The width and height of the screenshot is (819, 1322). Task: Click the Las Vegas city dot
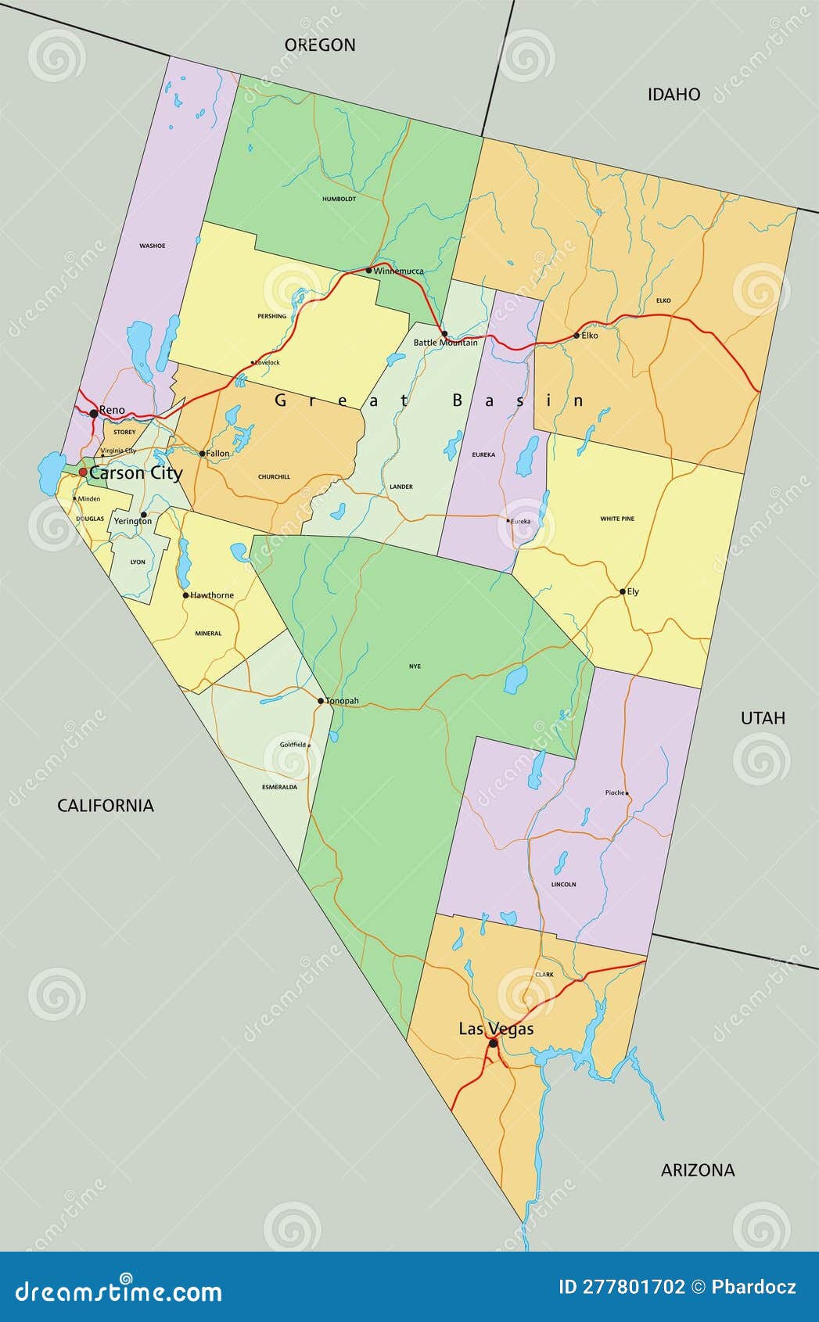tap(493, 1043)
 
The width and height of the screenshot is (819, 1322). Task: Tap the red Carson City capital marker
tap(83, 472)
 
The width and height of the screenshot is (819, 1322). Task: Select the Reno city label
tap(112, 410)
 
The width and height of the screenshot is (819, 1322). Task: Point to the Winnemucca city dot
tap(369, 271)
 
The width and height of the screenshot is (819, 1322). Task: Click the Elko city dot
tap(577, 336)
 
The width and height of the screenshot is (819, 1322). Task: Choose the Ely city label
tap(633, 591)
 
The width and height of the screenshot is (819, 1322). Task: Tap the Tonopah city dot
tap(321, 701)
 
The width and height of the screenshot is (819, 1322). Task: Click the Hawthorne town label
tap(212, 595)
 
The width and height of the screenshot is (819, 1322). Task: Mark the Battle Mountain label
tap(445, 343)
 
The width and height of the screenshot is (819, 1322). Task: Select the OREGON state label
tap(320, 45)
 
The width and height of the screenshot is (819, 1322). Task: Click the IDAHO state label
tap(674, 95)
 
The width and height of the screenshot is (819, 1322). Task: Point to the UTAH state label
tap(763, 718)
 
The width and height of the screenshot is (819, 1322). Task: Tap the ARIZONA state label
tap(698, 1170)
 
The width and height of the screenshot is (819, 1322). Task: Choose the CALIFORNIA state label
tap(106, 806)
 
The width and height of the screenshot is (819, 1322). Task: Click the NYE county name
tap(415, 666)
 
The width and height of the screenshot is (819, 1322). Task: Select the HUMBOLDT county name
tap(339, 199)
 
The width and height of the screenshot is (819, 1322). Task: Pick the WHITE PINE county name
tap(617, 519)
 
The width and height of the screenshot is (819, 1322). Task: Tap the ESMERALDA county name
tap(279, 787)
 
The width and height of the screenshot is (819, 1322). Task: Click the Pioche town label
tap(615, 792)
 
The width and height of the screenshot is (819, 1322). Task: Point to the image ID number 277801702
tap(633, 1287)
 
